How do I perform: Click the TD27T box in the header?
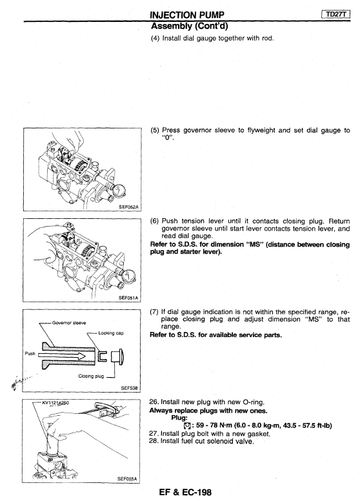pos(335,14)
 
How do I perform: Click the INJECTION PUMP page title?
pos(187,15)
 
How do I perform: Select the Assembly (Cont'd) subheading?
pos(189,25)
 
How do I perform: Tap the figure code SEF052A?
pos(128,207)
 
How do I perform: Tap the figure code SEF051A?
pos(128,298)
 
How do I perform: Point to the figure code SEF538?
pos(129,388)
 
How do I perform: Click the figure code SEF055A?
pos(127,479)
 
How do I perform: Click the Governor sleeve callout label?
pos(69,323)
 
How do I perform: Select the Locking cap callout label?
pos(111,333)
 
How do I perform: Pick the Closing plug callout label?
pos(91,376)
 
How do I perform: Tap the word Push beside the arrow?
pos(30,353)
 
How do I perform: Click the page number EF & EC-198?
pos(185,493)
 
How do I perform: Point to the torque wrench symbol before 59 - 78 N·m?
pos(187,426)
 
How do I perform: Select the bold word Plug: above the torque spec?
pos(179,418)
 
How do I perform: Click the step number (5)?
pos(155,130)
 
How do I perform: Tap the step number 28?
pos(153,441)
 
